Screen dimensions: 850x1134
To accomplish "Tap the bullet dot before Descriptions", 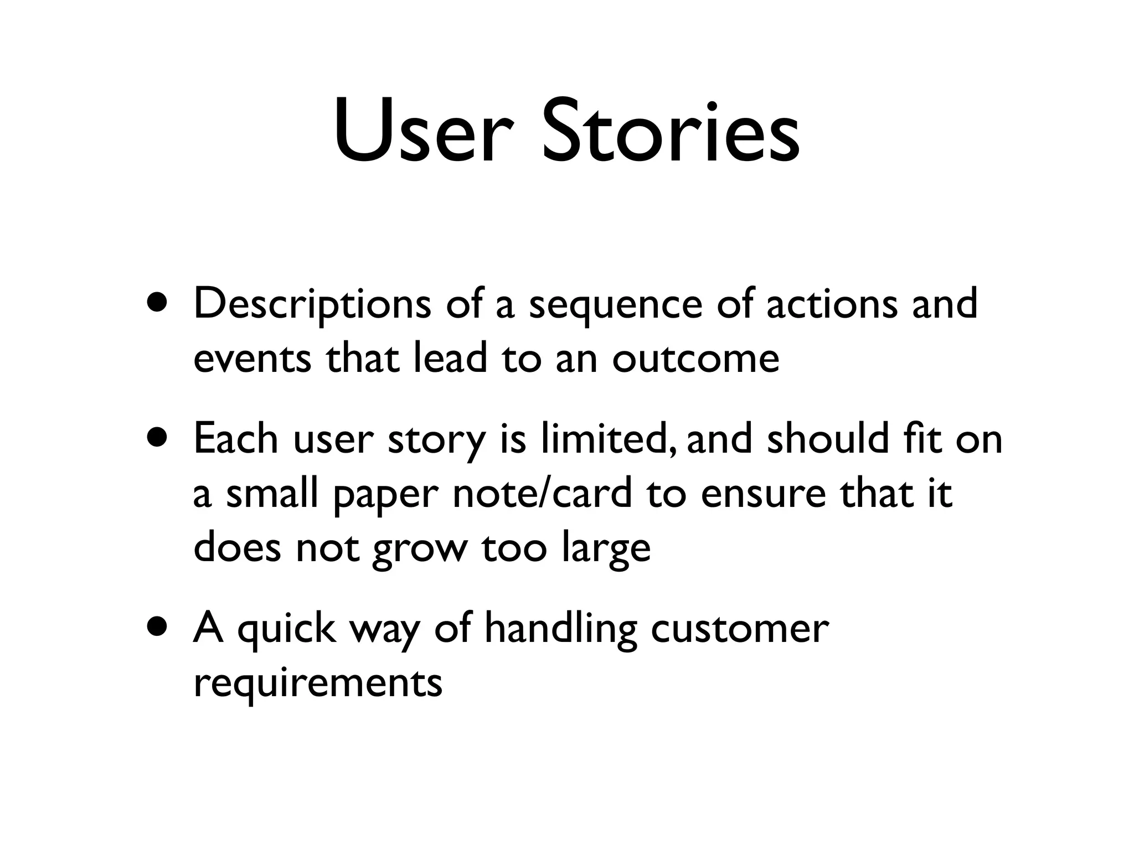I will [159, 304].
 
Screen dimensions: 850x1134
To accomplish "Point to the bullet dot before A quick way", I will [159, 628].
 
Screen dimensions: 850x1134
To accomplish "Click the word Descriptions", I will [312, 305].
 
